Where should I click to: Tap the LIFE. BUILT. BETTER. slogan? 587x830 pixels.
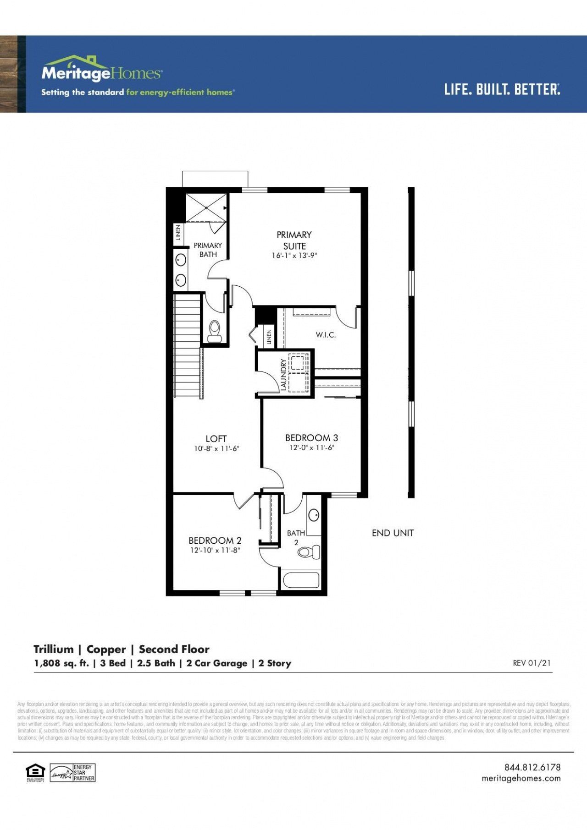click(502, 89)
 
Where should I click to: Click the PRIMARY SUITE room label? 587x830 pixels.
click(294, 240)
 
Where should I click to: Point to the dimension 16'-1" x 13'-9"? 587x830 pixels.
click(294, 256)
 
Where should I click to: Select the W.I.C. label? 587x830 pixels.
click(326, 335)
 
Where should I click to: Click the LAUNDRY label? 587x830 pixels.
click(283, 375)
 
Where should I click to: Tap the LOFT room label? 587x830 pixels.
click(216, 438)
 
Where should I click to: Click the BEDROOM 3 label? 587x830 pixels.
click(311, 437)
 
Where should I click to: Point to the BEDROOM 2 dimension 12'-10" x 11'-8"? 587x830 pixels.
click(215, 550)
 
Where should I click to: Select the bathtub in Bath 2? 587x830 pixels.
click(301, 580)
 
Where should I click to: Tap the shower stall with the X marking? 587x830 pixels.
click(206, 207)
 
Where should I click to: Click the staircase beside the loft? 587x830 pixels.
click(187, 346)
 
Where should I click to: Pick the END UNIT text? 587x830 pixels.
click(393, 533)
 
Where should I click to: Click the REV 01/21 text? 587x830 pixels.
click(532, 663)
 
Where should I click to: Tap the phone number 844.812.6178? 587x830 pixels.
click(532, 767)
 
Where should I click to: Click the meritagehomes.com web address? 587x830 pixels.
click(521, 778)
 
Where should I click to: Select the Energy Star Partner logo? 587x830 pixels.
click(72, 772)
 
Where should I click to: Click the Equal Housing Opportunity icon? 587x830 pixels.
click(35, 772)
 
